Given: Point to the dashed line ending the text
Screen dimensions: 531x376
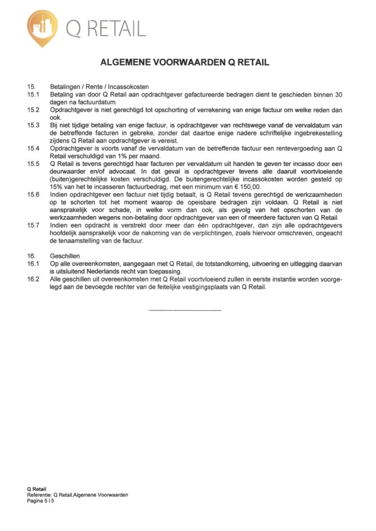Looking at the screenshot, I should pyautogui.click(x=185, y=310).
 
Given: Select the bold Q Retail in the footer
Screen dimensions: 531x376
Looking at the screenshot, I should pyautogui.click(x=37, y=489).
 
